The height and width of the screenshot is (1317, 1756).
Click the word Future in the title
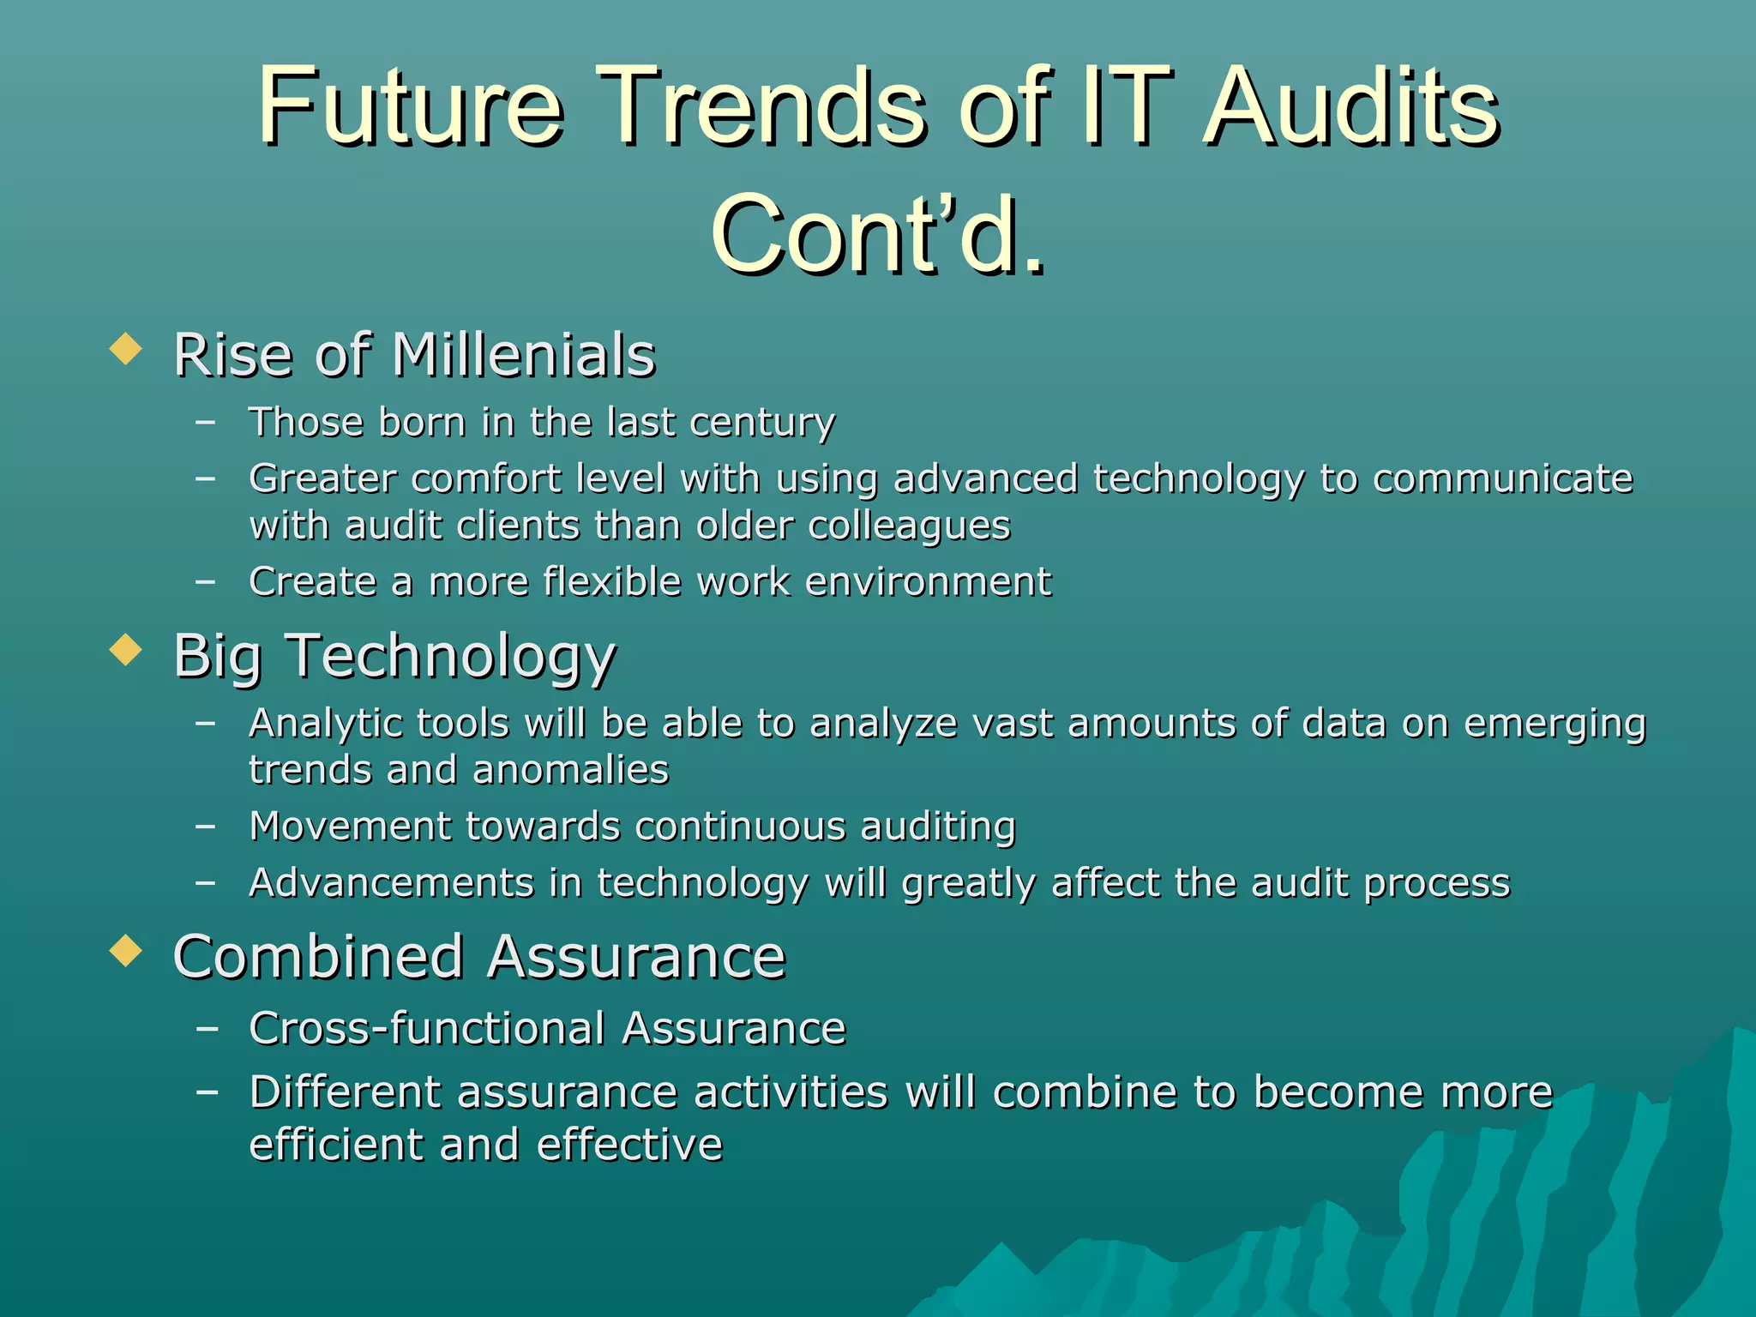[410, 107]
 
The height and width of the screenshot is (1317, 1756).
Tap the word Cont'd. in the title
[878, 234]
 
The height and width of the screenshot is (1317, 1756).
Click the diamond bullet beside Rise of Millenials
[126, 350]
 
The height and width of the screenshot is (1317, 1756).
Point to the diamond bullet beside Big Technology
[126, 650]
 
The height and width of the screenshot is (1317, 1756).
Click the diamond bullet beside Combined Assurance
[126, 950]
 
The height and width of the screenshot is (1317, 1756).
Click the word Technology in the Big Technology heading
[450, 656]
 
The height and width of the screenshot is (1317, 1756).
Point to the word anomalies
[569, 770]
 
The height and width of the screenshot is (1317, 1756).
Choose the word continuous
[738, 827]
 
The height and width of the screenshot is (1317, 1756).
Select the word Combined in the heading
[318, 957]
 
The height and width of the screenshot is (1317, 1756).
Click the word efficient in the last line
[336, 1145]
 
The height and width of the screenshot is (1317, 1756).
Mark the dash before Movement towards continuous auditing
[206, 827]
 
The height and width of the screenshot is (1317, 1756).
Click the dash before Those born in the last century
[206, 422]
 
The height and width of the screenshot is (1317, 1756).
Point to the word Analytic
[325, 724]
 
